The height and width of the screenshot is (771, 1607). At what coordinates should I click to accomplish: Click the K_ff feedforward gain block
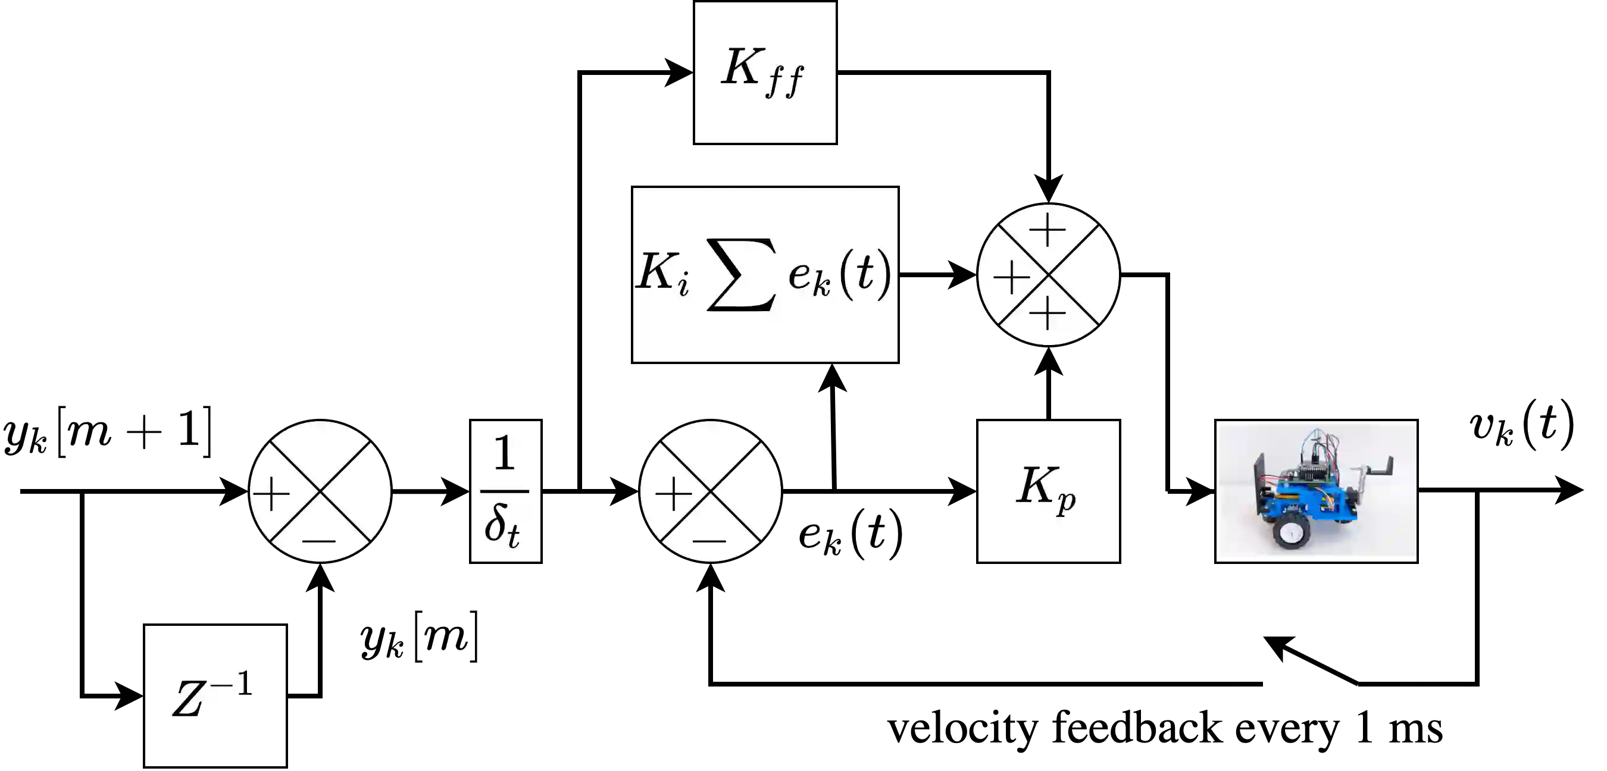[765, 73]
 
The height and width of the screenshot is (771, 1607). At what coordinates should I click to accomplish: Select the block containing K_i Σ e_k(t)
[765, 274]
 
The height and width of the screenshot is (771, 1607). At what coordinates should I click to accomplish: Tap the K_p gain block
[1048, 491]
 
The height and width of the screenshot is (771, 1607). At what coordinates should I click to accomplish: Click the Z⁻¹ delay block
[215, 695]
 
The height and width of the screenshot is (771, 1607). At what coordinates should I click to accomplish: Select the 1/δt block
[505, 491]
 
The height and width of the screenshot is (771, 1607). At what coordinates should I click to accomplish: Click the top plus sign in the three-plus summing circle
[1048, 230]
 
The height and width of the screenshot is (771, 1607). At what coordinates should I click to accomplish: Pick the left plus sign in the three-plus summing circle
[1011, 277]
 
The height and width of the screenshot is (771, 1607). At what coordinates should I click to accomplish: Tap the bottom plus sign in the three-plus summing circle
[1048, 312]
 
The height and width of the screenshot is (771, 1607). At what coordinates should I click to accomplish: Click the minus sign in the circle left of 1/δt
[319, 540]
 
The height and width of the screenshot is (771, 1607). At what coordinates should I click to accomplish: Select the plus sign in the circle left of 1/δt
[271, 494]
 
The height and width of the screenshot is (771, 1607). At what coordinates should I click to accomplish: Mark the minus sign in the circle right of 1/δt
[709, 540]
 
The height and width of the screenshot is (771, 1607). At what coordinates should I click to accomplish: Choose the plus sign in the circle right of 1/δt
[673, 494]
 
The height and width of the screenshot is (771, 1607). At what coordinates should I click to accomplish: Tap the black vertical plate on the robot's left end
[1260, 487]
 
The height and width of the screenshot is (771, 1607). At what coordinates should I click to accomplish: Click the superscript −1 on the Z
[232, 684]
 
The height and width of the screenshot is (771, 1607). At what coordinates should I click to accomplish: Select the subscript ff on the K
[784, 82]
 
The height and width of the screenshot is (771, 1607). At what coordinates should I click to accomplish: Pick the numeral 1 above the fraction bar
[504, 453]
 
